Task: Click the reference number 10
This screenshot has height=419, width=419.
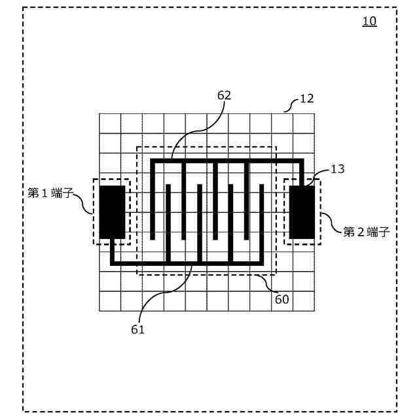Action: tap(370, 21)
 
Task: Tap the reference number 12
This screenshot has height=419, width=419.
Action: tap(306, 99)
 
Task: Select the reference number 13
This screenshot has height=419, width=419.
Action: tap(337, 169)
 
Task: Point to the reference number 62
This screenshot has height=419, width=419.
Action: tap(224, 96)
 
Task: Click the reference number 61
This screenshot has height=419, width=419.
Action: tap(137, 329)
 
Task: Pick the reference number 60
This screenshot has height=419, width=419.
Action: tap(282, 299)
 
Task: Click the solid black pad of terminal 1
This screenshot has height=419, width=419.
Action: tap(112, 211)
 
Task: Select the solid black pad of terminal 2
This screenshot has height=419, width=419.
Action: tap(302, 211)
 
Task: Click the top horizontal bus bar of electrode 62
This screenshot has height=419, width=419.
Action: tap(227, 160)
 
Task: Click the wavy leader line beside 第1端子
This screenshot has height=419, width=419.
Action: tap(87, 203)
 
